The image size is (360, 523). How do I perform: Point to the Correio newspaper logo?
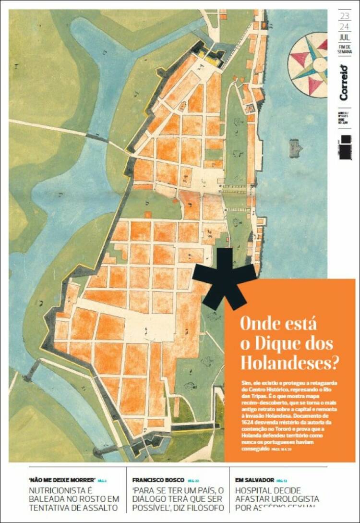pos(344,82)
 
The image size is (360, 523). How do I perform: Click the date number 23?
pos(344,16)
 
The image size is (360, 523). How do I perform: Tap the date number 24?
pos(344,26)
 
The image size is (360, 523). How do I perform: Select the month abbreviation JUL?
pos(344,38)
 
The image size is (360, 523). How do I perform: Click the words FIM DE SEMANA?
pos(345,49)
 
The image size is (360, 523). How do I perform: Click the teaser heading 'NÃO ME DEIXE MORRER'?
pos(62,480)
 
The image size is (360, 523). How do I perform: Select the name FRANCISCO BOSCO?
pos(158,480)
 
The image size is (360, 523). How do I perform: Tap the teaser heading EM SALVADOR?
pos(254,480)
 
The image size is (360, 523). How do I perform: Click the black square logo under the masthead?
pos(345,147)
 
